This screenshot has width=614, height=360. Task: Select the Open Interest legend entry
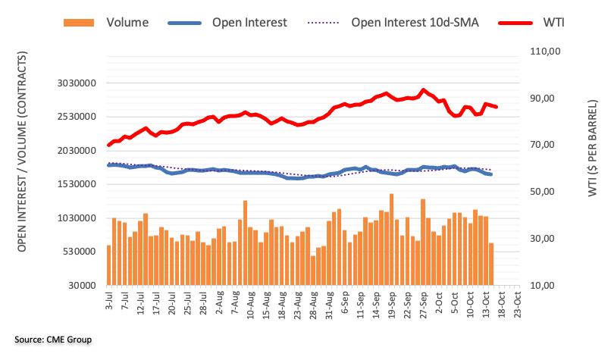coord(250,22)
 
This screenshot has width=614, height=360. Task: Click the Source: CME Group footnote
coord(52,340)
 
